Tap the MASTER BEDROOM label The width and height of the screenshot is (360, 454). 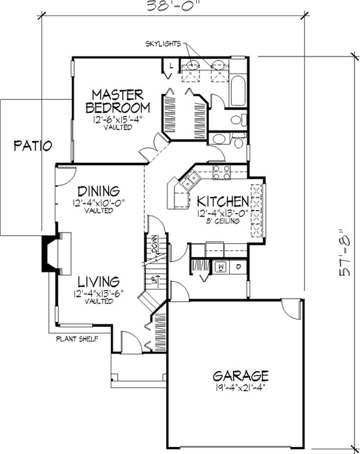(118, 101)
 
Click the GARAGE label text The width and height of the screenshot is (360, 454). (241, 375)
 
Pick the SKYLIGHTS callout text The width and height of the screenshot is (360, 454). (162, 44)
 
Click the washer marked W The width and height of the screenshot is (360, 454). (221, 267)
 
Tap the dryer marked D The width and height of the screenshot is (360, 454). (238, 267)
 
